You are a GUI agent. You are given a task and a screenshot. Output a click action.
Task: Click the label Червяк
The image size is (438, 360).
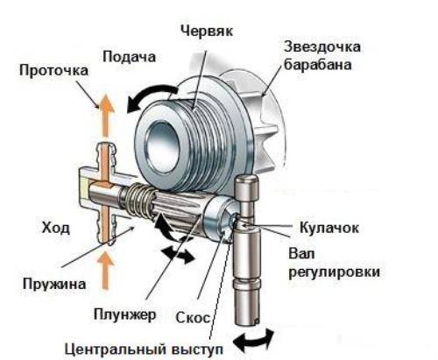207,31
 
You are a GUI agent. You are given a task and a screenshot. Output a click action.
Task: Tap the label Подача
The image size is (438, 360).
129,57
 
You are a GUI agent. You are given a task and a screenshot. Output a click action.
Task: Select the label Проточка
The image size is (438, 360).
53,71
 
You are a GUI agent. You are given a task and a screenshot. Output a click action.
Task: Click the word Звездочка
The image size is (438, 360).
322,47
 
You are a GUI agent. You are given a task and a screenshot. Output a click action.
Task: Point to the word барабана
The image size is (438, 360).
318,65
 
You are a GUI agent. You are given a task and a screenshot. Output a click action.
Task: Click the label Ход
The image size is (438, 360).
56,228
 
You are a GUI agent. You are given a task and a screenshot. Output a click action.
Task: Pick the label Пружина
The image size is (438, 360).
54,284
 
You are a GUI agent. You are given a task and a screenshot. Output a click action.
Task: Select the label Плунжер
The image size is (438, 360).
125,315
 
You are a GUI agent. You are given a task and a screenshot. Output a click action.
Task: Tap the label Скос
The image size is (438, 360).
193,318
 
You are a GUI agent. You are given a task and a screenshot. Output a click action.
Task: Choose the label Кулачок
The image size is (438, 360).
329,228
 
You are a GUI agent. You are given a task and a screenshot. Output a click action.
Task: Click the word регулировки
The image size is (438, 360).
335,272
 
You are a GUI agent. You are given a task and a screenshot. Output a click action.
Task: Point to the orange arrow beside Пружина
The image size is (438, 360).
106,271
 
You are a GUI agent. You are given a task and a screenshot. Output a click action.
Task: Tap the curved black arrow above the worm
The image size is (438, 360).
152,95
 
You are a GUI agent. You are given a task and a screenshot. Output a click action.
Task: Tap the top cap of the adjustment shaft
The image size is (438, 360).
247,189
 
